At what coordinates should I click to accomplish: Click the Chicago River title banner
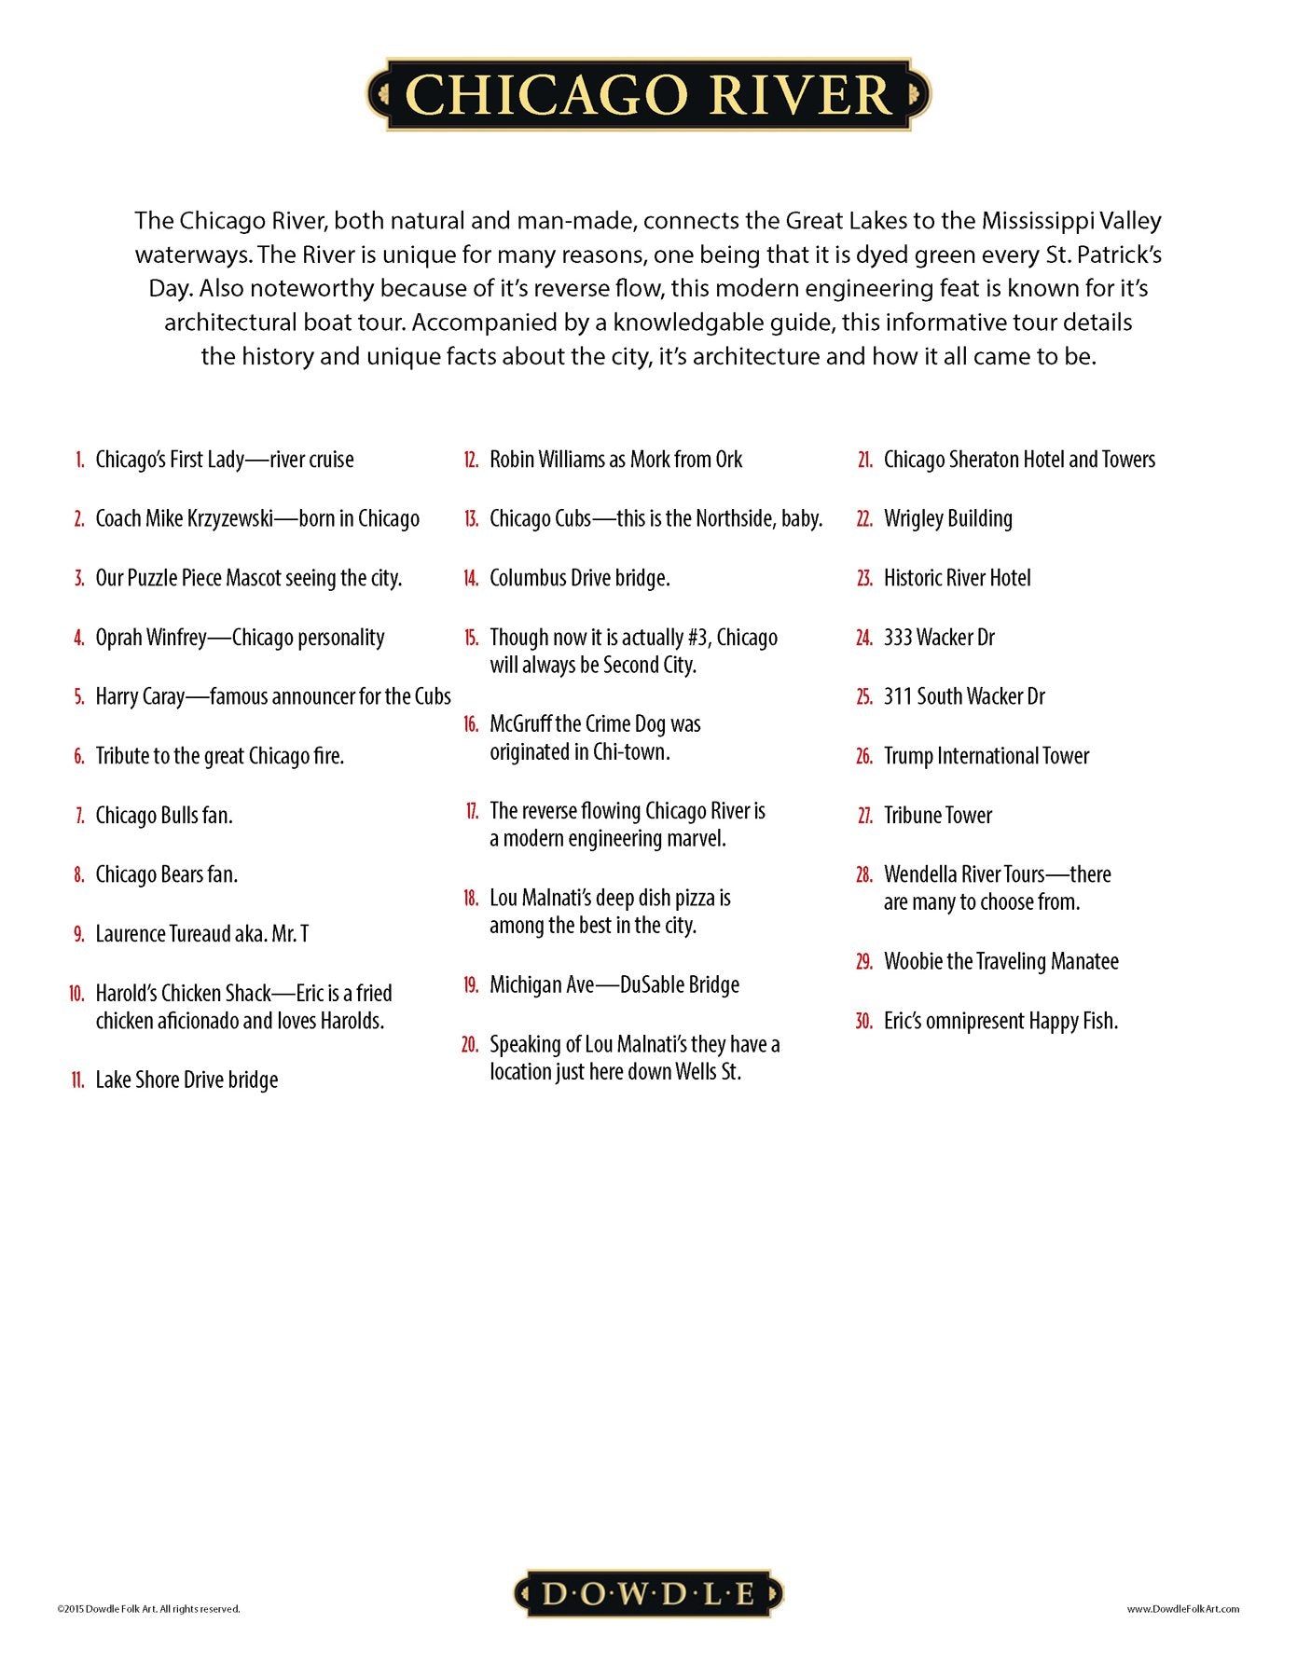click(x=648, y=95)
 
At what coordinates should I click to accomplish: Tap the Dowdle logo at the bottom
click(x=648, y=1593)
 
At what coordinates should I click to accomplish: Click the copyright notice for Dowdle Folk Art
click(x=148, y=1609)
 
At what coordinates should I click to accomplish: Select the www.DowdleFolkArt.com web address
click(x=1182, y=1609)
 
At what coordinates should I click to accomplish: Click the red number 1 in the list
click(x=80, y=460)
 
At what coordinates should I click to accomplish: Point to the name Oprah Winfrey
click(x=151, y=638)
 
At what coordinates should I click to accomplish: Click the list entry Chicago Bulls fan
click(x=164, y=816)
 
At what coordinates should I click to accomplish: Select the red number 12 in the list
click(x=471, y=460)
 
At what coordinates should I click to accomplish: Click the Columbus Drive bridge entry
click(x=579, y=578)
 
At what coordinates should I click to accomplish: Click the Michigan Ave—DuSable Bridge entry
click(x=614, y=985)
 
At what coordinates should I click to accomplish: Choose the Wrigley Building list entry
click(x=947, y=519)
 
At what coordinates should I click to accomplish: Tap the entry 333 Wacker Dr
click(x=939, y=638)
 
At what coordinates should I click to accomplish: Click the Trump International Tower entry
click(x=986, y=756)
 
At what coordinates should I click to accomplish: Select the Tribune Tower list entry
click(x=937, y=816)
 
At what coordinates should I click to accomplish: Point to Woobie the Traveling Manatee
click(x=1000, y=962)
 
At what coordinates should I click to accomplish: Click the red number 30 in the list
click(x=863, y=1022)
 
